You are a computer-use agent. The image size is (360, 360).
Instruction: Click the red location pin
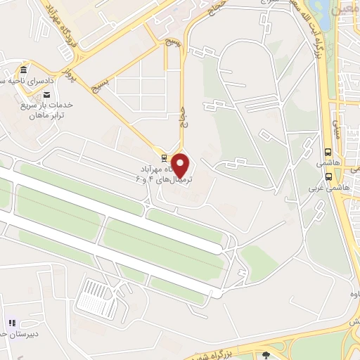click(181, 164)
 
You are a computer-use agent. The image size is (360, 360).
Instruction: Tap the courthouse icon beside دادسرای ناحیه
click(24, 72)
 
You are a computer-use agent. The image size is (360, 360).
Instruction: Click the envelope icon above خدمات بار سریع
click(46, 94)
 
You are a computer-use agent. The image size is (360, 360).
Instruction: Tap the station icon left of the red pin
click(164, 157)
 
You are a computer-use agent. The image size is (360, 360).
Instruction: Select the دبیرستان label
click(25, 335)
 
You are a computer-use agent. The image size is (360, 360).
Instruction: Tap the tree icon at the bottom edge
click(266, 354)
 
